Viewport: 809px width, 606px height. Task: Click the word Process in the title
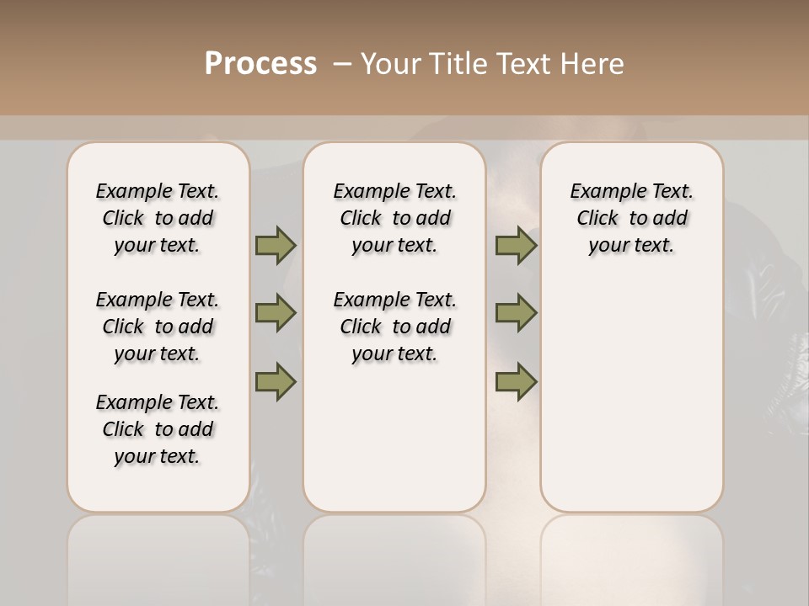point(260,64)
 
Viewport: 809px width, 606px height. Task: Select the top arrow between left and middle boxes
point(276,245)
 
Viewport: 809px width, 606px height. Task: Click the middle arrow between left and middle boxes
point(276,313)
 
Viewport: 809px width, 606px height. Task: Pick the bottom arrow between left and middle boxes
point(276,381)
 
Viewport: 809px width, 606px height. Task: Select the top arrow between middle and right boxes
point(516,245)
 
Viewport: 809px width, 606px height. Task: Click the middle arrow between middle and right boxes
point(516,313)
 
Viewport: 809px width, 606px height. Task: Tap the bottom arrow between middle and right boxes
point(516,381)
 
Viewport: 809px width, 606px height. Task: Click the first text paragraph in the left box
point(158,218)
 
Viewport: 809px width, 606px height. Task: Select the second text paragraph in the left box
point(158,327)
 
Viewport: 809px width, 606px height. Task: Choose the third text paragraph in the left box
point(158,429)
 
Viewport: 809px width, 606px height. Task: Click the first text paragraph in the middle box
point(394,218)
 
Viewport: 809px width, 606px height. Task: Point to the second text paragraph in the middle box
point(394,327)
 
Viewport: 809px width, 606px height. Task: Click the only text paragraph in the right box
point(631,218)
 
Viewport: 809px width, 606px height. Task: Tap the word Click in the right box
point(597,219)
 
